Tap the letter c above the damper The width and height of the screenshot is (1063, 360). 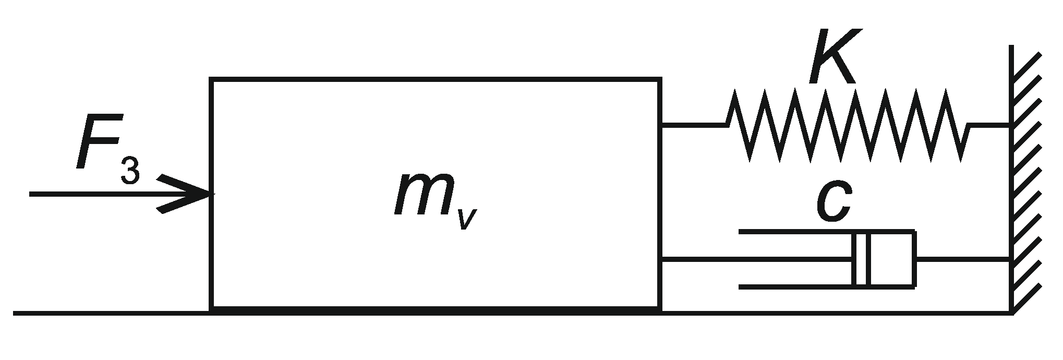pos(833,203)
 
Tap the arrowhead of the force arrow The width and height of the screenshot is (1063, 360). pos(193,194)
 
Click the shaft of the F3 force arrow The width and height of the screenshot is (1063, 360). pos(94,194)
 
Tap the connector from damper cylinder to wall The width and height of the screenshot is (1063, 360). pos(962,258)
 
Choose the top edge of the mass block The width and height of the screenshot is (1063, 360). pos(436,79)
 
